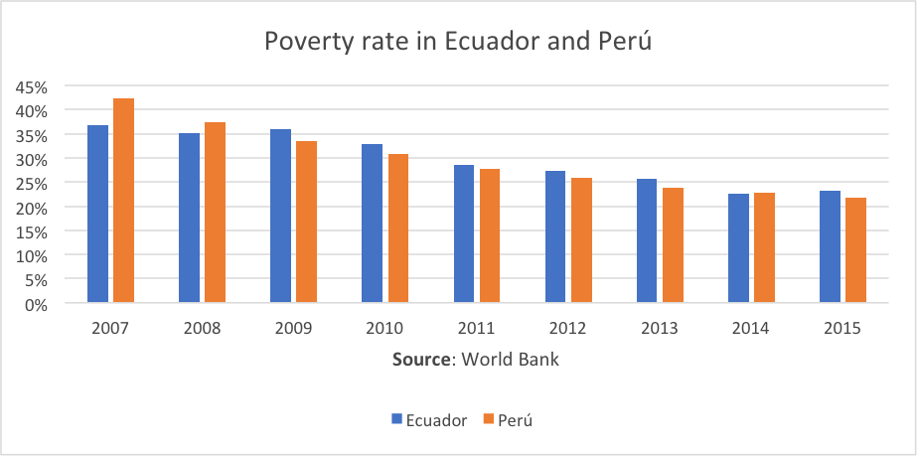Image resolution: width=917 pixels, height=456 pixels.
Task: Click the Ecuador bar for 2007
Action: (x=97, y=214)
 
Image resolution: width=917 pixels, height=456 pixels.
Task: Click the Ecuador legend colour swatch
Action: (x=395, y=420)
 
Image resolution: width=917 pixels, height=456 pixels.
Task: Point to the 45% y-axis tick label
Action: (x=30, y=86)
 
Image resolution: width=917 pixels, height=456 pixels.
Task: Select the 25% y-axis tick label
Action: (x=30, y=183)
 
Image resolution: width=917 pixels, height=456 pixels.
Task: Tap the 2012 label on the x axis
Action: (x=567, y=329)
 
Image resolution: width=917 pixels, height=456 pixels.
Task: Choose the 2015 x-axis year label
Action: (x=841, y=329)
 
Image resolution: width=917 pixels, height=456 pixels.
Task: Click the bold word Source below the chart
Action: (x=421, y=360)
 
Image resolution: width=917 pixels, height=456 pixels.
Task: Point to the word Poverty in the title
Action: (x=301, y=43)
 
